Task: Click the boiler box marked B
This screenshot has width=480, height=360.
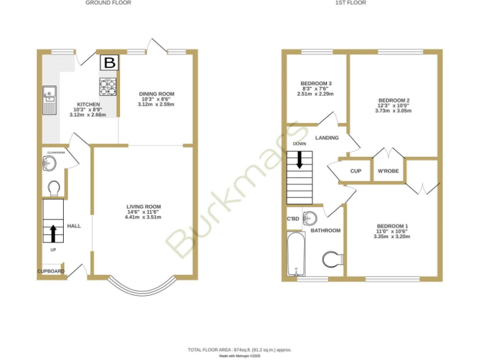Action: pos(109,62)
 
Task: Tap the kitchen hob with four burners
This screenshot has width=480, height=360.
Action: pos(108,86)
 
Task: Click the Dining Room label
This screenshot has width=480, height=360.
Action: pos(156,94)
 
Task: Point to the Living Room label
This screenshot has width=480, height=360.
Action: pos(144,207)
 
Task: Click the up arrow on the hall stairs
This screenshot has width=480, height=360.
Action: pos(53,233)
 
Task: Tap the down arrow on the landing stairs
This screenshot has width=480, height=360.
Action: pos(299,160)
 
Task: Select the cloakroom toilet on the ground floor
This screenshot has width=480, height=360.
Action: pos(54,189)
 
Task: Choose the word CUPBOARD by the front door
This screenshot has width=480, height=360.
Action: pos(51,271)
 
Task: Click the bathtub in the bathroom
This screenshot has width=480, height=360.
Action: pos(296,254)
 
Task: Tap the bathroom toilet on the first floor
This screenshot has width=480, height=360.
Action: pos(332,259)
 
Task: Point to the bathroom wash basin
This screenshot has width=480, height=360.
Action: pos(311,219)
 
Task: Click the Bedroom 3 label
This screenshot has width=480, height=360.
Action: pos(316,84)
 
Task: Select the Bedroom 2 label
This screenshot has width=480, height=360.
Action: pos(394,101)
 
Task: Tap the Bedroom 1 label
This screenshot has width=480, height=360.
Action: pos(392,226)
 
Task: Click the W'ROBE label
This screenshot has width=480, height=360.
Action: pos(388,171)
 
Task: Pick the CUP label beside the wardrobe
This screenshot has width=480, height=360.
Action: pos(356,171)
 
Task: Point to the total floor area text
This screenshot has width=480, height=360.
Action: pos(239,349)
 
